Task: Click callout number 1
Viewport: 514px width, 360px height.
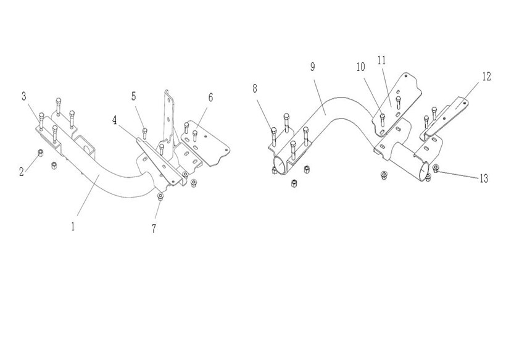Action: tap(73, 226)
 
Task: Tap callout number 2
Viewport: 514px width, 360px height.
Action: tap(22, 172)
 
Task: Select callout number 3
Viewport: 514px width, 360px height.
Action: tap(24, 96)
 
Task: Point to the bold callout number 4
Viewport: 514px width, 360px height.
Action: tap(114, 120)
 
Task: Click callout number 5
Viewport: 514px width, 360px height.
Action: tap(133, 96)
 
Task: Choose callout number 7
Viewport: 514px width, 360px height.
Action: tap(154, 229)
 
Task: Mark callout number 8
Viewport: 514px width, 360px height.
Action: tap(255, 88)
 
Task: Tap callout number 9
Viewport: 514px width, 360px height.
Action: tap(313, 67)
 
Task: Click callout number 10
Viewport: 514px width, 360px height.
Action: tap(360, 66)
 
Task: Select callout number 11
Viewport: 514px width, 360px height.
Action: tap(381, 60)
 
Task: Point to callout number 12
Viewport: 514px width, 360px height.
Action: tap(486, 77)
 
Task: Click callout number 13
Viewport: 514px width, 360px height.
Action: tap(483, 178)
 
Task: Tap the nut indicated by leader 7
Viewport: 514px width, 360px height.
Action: tap(160, 196)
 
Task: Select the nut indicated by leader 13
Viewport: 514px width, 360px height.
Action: tap(436, 167)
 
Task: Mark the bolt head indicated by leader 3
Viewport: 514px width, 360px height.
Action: tap(41, 115)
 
